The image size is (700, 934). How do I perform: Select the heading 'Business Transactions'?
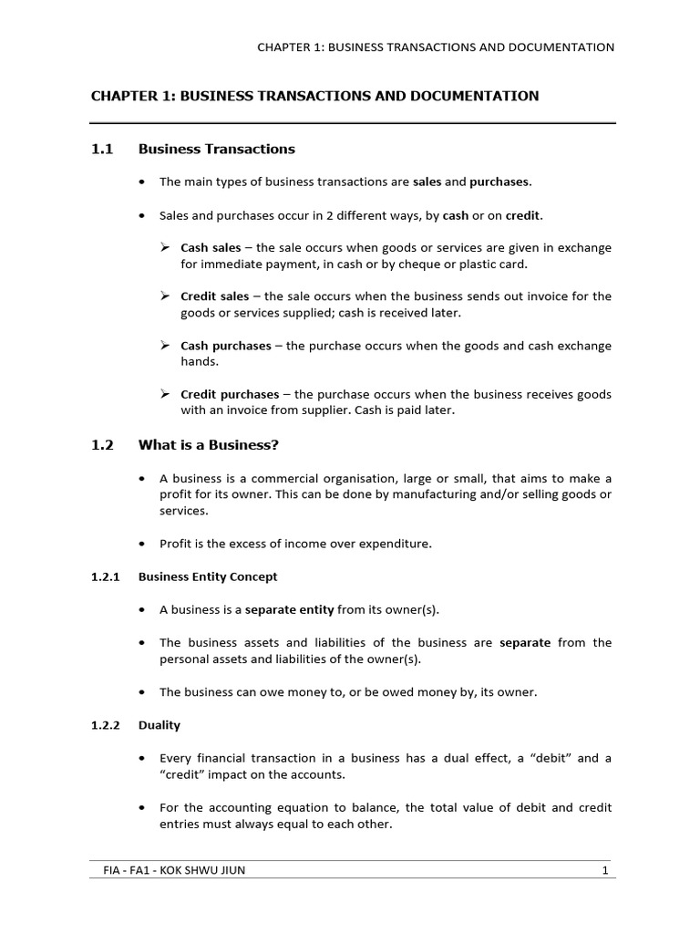216,149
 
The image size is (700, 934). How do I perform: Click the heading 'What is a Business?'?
208,445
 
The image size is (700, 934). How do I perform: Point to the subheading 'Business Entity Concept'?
208,576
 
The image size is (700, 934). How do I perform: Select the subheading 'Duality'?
160,725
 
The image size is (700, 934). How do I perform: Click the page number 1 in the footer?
604,870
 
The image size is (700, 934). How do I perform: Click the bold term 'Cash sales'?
211,247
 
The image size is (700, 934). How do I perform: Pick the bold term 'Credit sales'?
214,296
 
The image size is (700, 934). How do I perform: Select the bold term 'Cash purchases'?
225,346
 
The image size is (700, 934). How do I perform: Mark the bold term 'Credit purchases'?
230,395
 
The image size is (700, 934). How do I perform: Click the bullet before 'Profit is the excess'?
141,544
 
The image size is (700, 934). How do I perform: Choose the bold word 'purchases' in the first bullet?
499,182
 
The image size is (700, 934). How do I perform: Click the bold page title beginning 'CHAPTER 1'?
314,96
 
